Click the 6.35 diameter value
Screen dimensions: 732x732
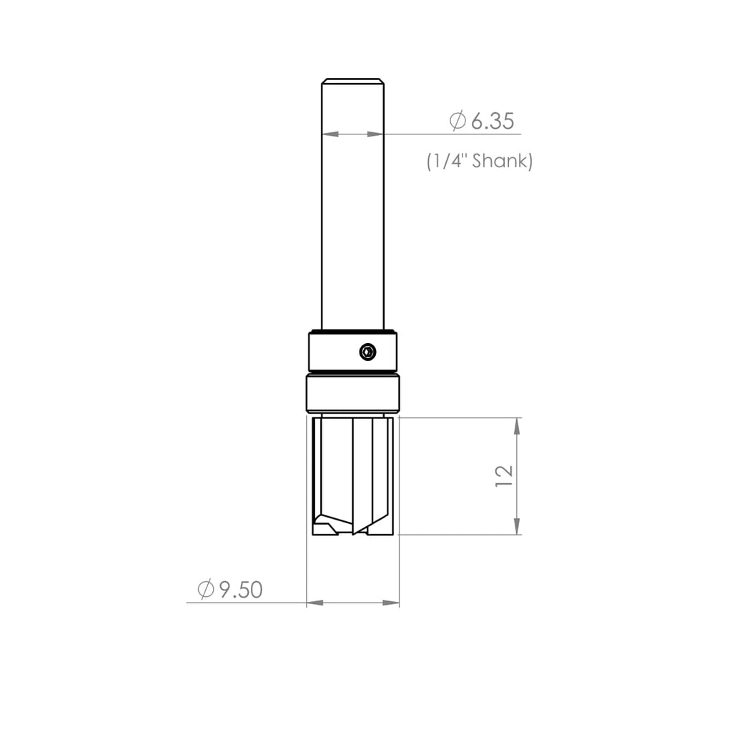point(493,122)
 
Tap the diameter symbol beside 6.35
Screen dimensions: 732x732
point(457,121)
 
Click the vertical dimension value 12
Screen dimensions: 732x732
point(504,476)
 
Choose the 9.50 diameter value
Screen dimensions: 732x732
point(241,590)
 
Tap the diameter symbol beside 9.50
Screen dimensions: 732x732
point(206,590)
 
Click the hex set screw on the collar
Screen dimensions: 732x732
point(367,351)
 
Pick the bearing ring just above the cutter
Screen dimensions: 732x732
point(352,393)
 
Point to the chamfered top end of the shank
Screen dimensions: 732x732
point(352,81)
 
